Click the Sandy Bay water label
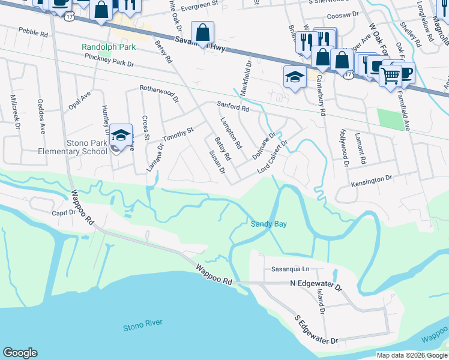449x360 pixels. point(268,224)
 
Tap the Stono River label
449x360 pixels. point(142,327)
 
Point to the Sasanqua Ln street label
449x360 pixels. point(289,269)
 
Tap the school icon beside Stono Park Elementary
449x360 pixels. point(121,136)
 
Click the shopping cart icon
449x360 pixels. point(390,74)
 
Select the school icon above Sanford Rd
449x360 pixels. point(295,77)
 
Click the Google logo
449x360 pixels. point(20,353)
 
